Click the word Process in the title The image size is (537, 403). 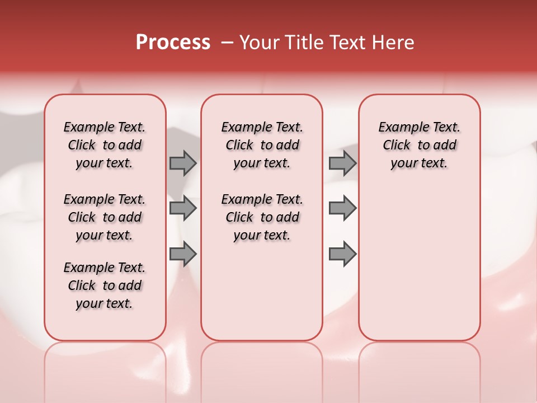[173, 43]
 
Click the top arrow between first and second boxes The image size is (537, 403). [183, 163]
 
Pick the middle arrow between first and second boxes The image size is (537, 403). [183, 208]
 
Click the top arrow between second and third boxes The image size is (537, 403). [342, 163]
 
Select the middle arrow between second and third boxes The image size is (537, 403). [342, 208]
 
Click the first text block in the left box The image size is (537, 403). [105, 145]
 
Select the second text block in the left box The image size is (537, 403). [105, 217]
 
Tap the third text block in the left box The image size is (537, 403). [105, 285]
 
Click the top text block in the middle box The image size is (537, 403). [262, 145]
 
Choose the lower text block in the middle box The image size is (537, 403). [262, 217]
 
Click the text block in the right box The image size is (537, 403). [420, 145]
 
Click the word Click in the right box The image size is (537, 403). [397, 146]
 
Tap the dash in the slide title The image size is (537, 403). [227, 43]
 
